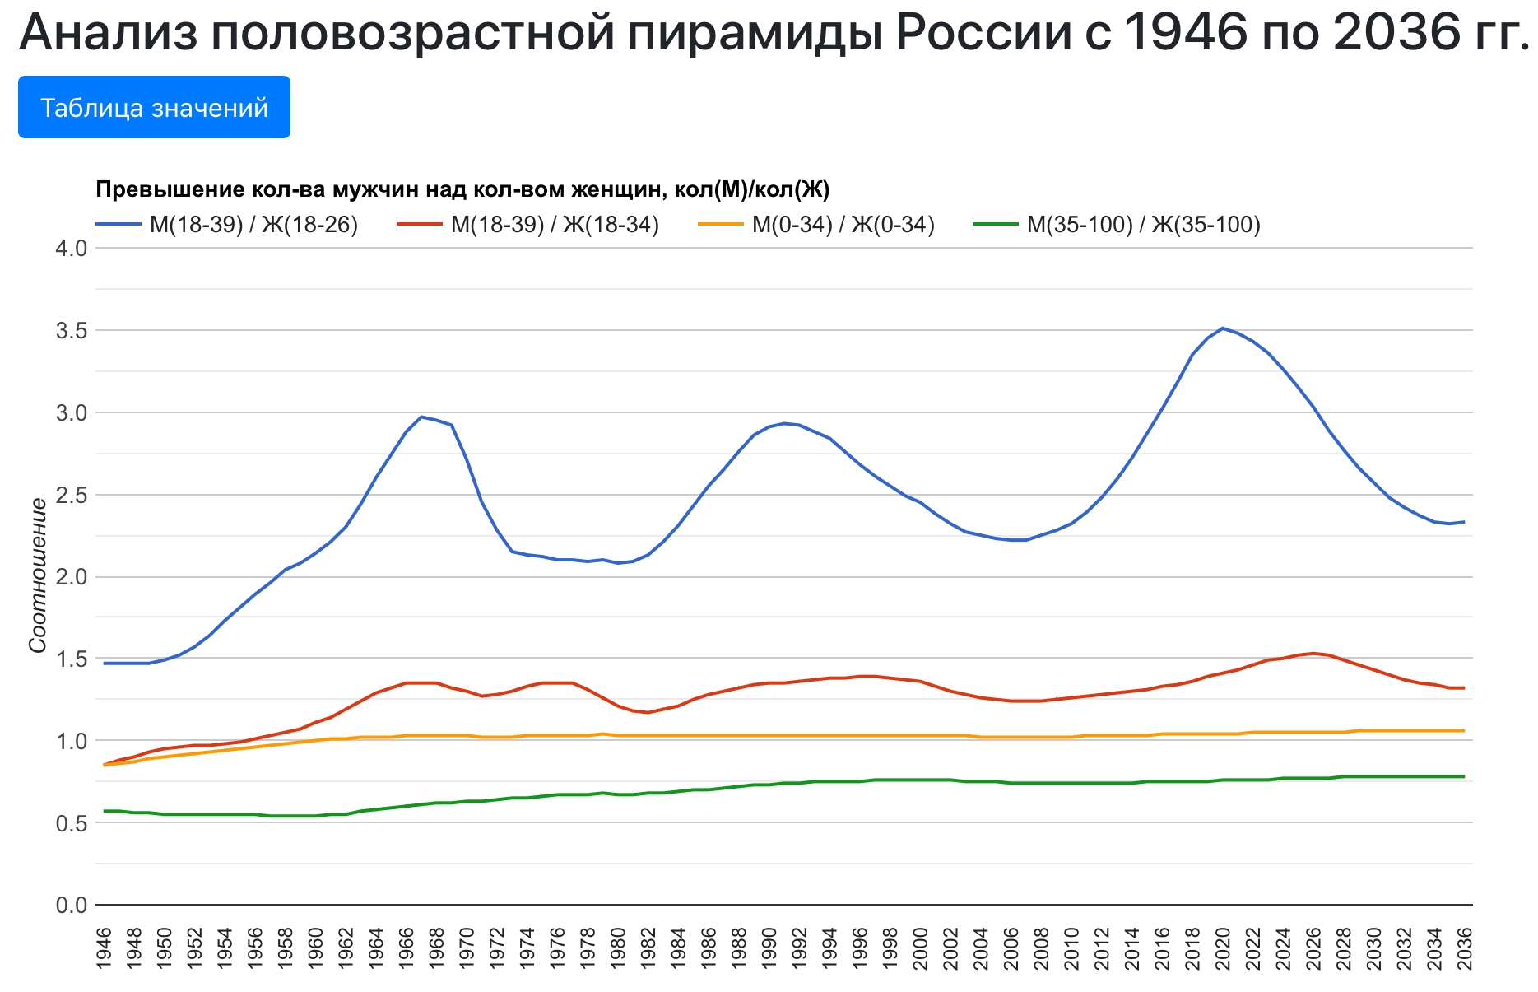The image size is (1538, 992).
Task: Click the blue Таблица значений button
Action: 154,107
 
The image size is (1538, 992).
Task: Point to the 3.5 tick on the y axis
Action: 71,331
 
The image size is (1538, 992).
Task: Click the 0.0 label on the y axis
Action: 71,906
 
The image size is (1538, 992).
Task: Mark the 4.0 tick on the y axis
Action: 71,249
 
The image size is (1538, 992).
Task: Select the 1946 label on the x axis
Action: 104,948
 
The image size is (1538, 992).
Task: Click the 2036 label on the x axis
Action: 1464,948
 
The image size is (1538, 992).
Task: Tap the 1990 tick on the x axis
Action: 769,948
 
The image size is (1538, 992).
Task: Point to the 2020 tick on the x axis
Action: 1223,948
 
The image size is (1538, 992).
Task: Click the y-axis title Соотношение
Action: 38,575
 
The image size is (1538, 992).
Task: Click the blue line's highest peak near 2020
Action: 1223,328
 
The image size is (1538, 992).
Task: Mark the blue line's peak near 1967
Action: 421,417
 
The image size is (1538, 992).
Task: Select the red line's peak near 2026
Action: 1313,654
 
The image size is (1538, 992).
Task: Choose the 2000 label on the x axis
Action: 920,948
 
